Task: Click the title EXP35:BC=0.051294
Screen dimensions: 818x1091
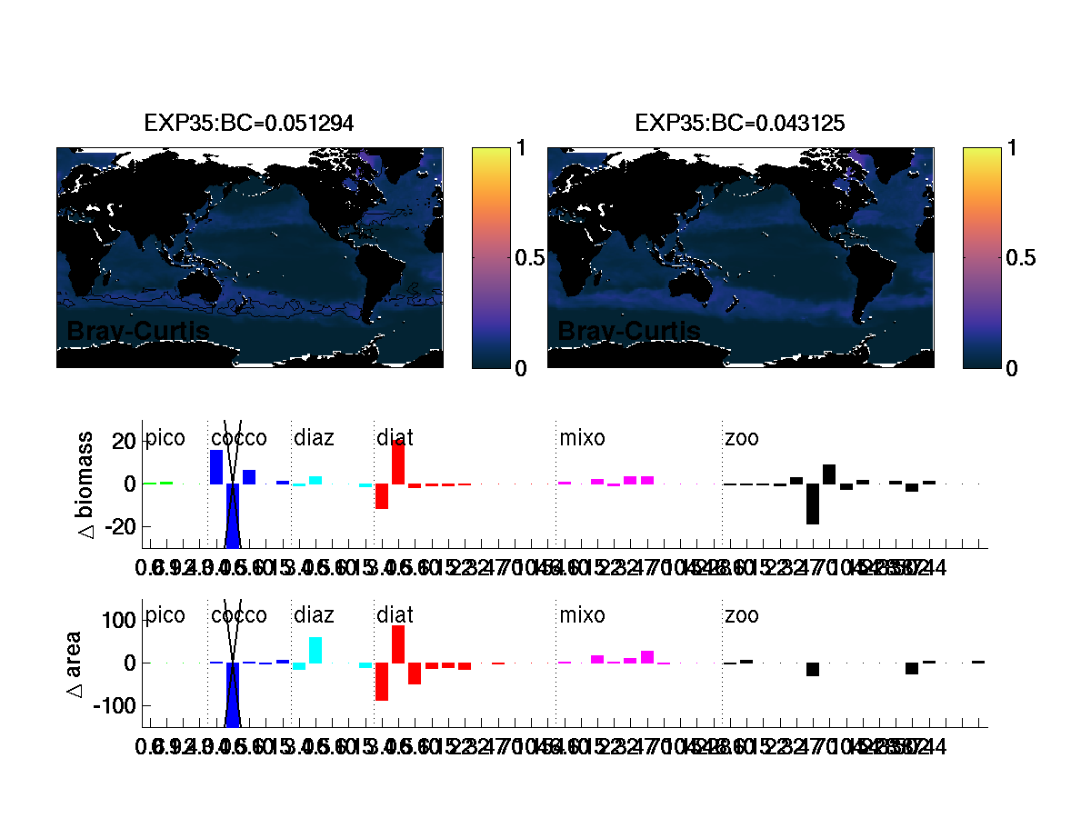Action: tap(249, 123)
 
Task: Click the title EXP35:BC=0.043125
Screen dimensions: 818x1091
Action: tap(740, 123)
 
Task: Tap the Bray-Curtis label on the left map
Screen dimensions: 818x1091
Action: tap(138, 332)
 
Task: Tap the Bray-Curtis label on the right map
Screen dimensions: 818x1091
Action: tap(628, 332)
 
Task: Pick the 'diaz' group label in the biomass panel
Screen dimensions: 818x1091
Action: tap(314, 439)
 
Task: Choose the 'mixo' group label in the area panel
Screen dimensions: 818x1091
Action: tap(582, 616)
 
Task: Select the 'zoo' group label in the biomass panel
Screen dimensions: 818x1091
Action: tap(742, 439)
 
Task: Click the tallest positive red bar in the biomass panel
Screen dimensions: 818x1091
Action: tap(398, 462)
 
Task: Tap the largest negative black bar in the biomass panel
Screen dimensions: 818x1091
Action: tap(813, 504)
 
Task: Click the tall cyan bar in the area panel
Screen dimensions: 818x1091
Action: tap(315, 650)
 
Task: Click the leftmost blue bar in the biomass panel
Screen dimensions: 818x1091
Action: tap(216, 467)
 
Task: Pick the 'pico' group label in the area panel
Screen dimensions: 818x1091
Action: tap(165, 616)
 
